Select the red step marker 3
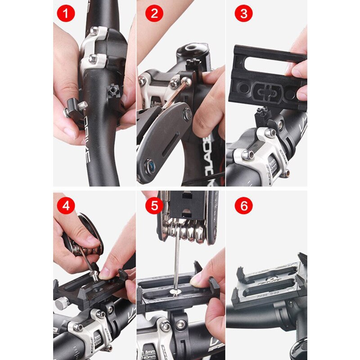(x=243, y=13)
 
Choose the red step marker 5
(x=154, y=207)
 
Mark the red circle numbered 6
(x=243, y=207)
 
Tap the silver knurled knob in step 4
(x=62, y=303)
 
